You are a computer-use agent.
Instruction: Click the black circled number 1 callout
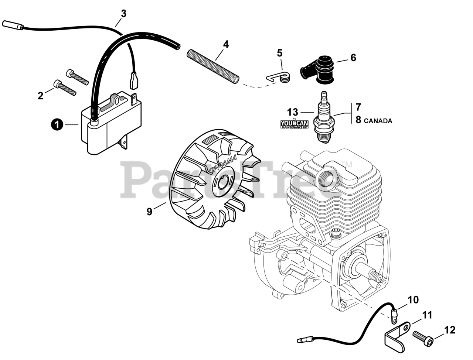[56, 125]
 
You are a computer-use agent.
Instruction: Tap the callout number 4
[225, 45]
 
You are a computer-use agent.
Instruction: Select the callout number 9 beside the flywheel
[149, 212]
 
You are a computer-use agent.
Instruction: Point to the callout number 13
[292, 112]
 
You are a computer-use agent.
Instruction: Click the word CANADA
[378, 121]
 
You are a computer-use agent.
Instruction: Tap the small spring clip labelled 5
[280, 77]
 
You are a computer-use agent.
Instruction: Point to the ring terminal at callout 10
[395, 315]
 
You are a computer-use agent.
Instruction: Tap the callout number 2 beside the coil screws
[40, 96]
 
